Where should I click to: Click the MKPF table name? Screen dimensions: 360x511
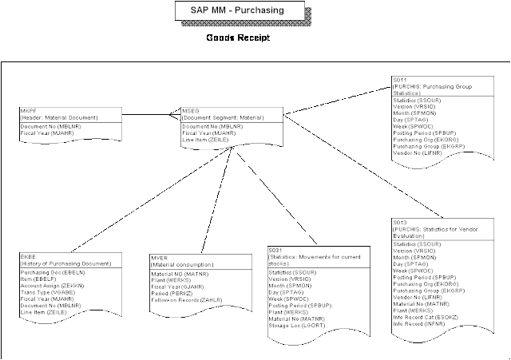(26, 110)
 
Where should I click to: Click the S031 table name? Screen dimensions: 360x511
(276, 251)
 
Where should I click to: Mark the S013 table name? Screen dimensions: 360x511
(400, 221)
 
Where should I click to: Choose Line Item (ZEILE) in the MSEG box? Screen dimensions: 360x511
(204, 140)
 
